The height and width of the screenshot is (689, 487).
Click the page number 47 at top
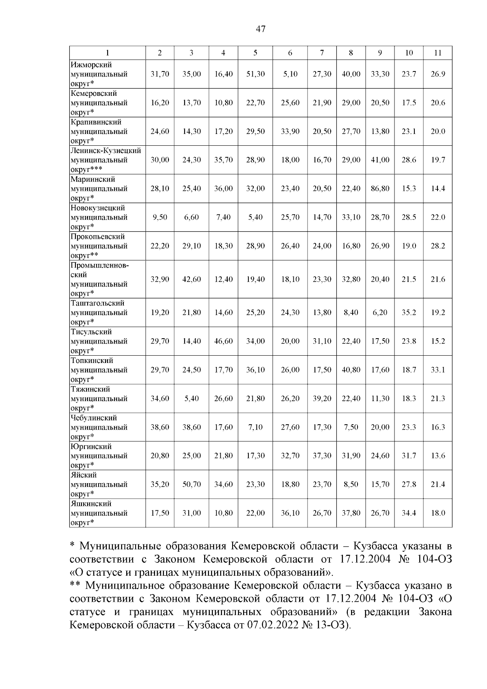click(x=261, y=28)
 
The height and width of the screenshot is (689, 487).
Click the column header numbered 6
click(x=290, y=53)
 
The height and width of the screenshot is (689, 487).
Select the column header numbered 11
click(x=437, y=53)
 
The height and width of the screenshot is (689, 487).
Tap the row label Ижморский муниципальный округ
click(x=99, y=74)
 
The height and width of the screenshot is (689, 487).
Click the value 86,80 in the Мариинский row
click(x=380, y=189)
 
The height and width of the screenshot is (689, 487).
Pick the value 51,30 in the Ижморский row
click(x=255, y=74)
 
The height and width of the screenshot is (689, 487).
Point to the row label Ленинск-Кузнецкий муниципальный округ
click(x=106, y=160)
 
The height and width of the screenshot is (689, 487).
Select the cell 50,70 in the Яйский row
click(x=192, y=484)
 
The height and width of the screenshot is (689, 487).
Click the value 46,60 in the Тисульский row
click(x=223, y=341)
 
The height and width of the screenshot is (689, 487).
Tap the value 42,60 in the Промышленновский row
click(x=192, y=279)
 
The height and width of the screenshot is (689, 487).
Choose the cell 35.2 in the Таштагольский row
click(x=409, y=313)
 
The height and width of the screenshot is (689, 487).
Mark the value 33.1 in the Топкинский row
click(x=437, y=370)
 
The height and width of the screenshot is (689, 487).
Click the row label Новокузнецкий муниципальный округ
click(x=99, y=217)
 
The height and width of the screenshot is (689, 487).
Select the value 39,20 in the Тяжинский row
click(x=322, y=399)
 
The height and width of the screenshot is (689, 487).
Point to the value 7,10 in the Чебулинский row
click(x=255, y=427)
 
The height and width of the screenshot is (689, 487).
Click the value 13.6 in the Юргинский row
click(x=437, y=456)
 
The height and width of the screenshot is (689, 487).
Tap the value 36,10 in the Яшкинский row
click(x=290, y=513)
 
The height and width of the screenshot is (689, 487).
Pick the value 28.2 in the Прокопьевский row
click(x=437, y=246)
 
